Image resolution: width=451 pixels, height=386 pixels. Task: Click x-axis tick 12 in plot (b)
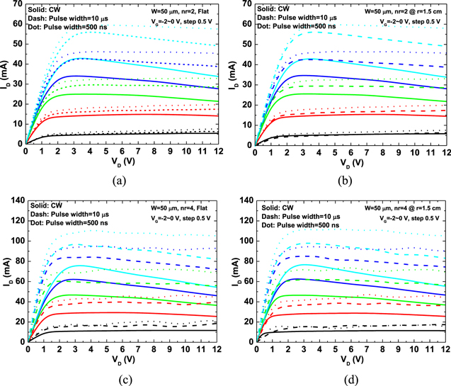click(x=444, y=151)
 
